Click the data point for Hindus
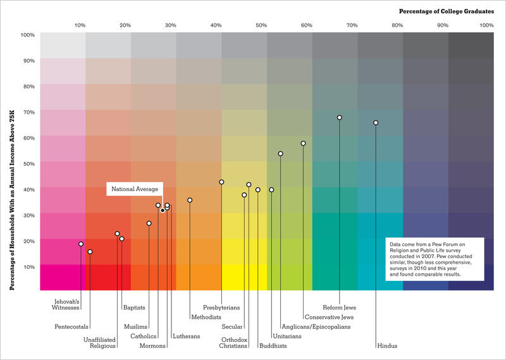coord(376,123)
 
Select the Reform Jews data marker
coord(340,118)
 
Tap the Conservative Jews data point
coord(304,144)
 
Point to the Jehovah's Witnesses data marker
coord(81,244)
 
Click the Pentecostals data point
coord(90,252)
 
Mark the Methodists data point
coord(190,200)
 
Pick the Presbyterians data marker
coord(221,182)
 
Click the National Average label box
coord(135,189)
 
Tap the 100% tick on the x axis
coord(486,25)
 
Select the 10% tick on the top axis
coord(80,25)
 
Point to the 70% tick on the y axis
coord(28,112)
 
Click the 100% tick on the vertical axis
coord(27,35)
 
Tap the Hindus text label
coord(386,346)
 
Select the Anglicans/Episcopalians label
coord(316,326)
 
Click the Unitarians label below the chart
coord(287,336)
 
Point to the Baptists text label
coord(134,307)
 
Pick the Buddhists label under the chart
coord(273,346)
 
